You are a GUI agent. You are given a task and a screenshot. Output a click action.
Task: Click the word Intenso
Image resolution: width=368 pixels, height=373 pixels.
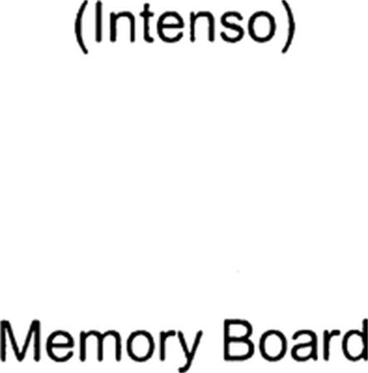(x=185, y=24)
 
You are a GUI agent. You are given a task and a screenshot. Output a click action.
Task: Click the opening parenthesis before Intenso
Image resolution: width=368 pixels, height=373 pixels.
(x=81, y=28)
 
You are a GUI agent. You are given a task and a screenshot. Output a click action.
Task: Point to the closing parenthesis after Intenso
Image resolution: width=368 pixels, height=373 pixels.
(x=289, y=28)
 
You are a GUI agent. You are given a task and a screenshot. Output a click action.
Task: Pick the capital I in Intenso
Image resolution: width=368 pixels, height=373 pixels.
(x=97, y=23)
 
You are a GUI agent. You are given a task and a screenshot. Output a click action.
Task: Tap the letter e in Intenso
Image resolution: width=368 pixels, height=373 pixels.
(x=170, y=29)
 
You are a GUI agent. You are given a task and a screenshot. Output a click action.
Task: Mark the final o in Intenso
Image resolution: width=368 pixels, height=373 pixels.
(x=262, y=29)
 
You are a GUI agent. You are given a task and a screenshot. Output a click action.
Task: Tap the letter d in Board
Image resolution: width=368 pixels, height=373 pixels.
(x=355, y=340)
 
